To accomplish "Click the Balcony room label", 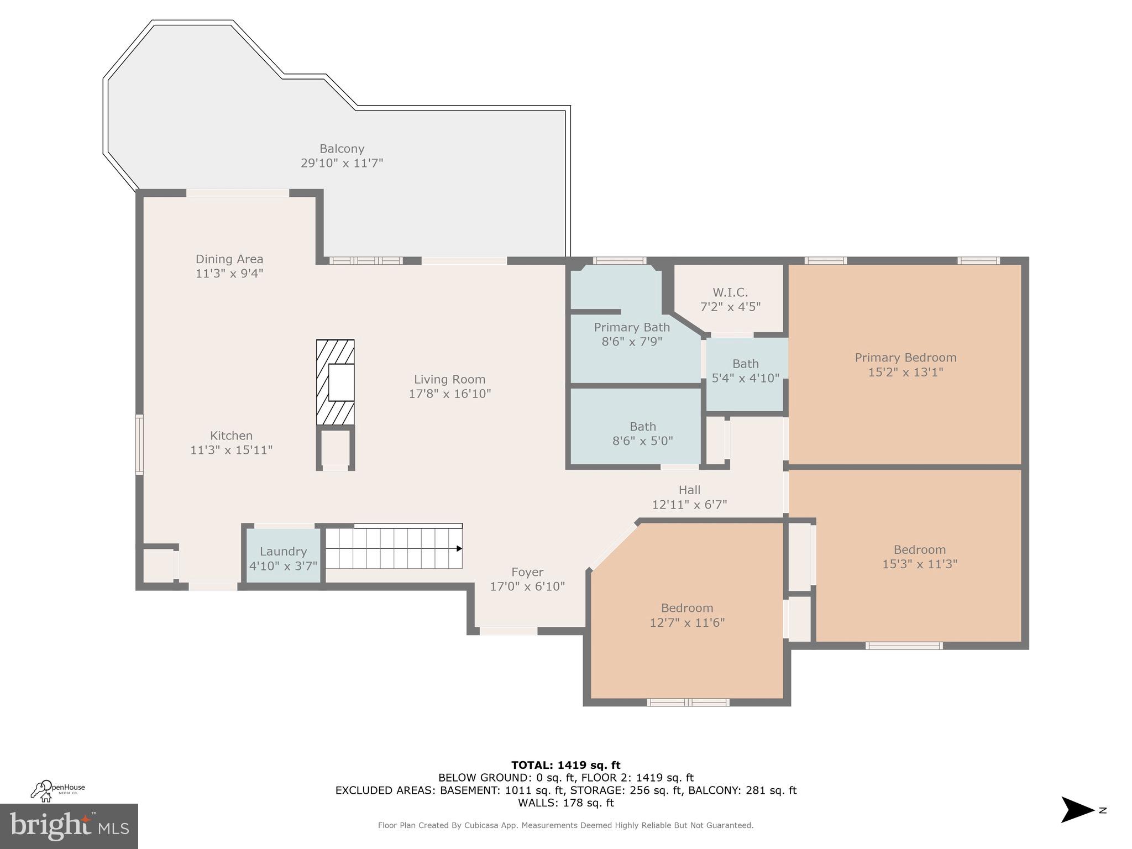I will pos(342,149).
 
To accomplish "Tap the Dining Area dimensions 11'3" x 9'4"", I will pos(229,274).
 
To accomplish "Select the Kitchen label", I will pos(231,436).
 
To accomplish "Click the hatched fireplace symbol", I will pos(335,382).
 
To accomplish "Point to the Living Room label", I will pos(449,379).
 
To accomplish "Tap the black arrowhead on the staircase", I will pos(459,548).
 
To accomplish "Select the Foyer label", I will pos(527,572).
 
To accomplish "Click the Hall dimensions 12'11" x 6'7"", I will pos(689,505).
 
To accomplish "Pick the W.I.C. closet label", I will pos(730,292).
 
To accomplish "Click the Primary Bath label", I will pos(632,327).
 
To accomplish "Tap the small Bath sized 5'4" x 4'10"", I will pos(745,370).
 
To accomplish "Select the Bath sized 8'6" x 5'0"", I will pos(642,433).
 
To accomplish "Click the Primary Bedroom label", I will pos(905,358).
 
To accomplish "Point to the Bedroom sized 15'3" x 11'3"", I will pos(919,556).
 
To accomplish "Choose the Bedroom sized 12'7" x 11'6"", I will pos(687,615).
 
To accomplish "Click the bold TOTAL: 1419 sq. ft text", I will pos(565,766).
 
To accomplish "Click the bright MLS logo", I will pos(69,826).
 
